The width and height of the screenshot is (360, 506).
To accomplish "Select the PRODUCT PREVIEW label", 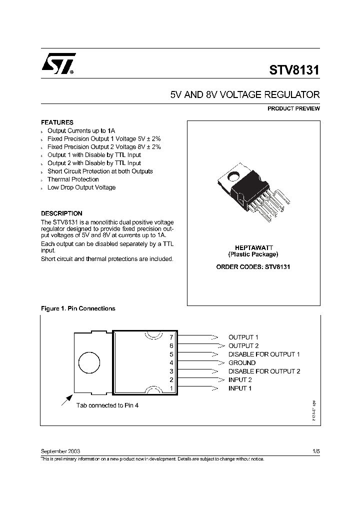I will pyautogui.click(x=293, y=108).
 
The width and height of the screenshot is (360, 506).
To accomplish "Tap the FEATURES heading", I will pyautogui.click(x=57, y=122).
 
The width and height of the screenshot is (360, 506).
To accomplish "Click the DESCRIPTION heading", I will pyautogui.click(x=61, y=213).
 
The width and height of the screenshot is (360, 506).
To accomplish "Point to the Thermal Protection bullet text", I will pyautogui.click(x=73, y=179).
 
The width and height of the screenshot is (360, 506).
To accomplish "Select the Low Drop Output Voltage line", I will pyautogui.click(x=81, y=187).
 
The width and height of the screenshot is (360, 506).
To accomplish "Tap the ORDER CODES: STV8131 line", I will pyautogui.click(x=253, y=267).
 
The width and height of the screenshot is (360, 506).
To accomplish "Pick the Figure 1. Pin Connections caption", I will pyautogui.click(x=77, y=308).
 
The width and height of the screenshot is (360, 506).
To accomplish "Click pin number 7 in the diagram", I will pyautogui.click(x=171, y=337).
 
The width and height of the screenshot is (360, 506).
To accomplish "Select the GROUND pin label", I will pyautogui.click(x=242, y=362).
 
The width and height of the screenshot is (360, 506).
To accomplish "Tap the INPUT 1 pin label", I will pyautogui.click(x=240, y=388).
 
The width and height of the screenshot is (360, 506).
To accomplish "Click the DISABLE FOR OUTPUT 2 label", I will pyautogui.click(x=264, y=371).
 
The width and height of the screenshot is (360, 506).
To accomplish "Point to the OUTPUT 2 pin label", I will pyautogui.click(x=243, y=345).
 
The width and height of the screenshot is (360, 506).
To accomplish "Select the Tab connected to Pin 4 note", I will pyautogui.click(x=107, y=405).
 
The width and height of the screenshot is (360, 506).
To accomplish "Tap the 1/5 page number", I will pyautogui.click(x=315, y=450).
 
